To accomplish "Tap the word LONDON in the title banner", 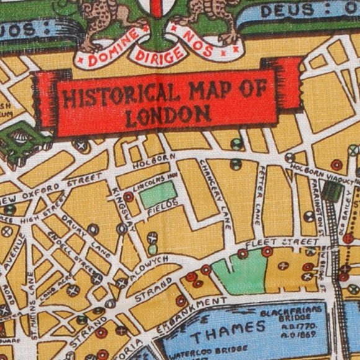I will pyautogui.click(x=166, y=115).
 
